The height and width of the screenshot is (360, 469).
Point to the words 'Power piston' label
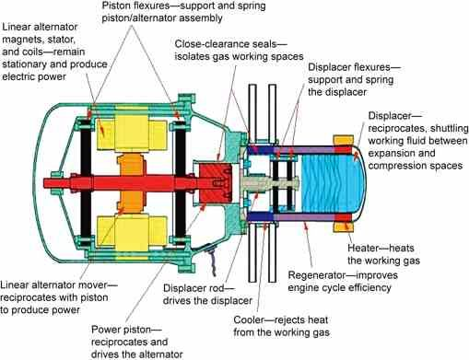click(122, 330)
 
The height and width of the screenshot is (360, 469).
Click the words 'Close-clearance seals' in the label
click(226, 44)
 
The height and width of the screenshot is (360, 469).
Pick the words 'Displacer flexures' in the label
click(349, 67)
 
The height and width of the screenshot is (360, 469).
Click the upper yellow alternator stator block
click(132, 134)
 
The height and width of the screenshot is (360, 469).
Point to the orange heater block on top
click(344, 140)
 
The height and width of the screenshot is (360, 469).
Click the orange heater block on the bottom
click(344, 227)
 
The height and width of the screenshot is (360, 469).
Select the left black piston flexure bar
click(87, 183)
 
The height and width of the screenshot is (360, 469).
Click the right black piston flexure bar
click(181, 183)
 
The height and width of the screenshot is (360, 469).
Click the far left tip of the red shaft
click(43, 183)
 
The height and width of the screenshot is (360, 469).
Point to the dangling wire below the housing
click(212, 260)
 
